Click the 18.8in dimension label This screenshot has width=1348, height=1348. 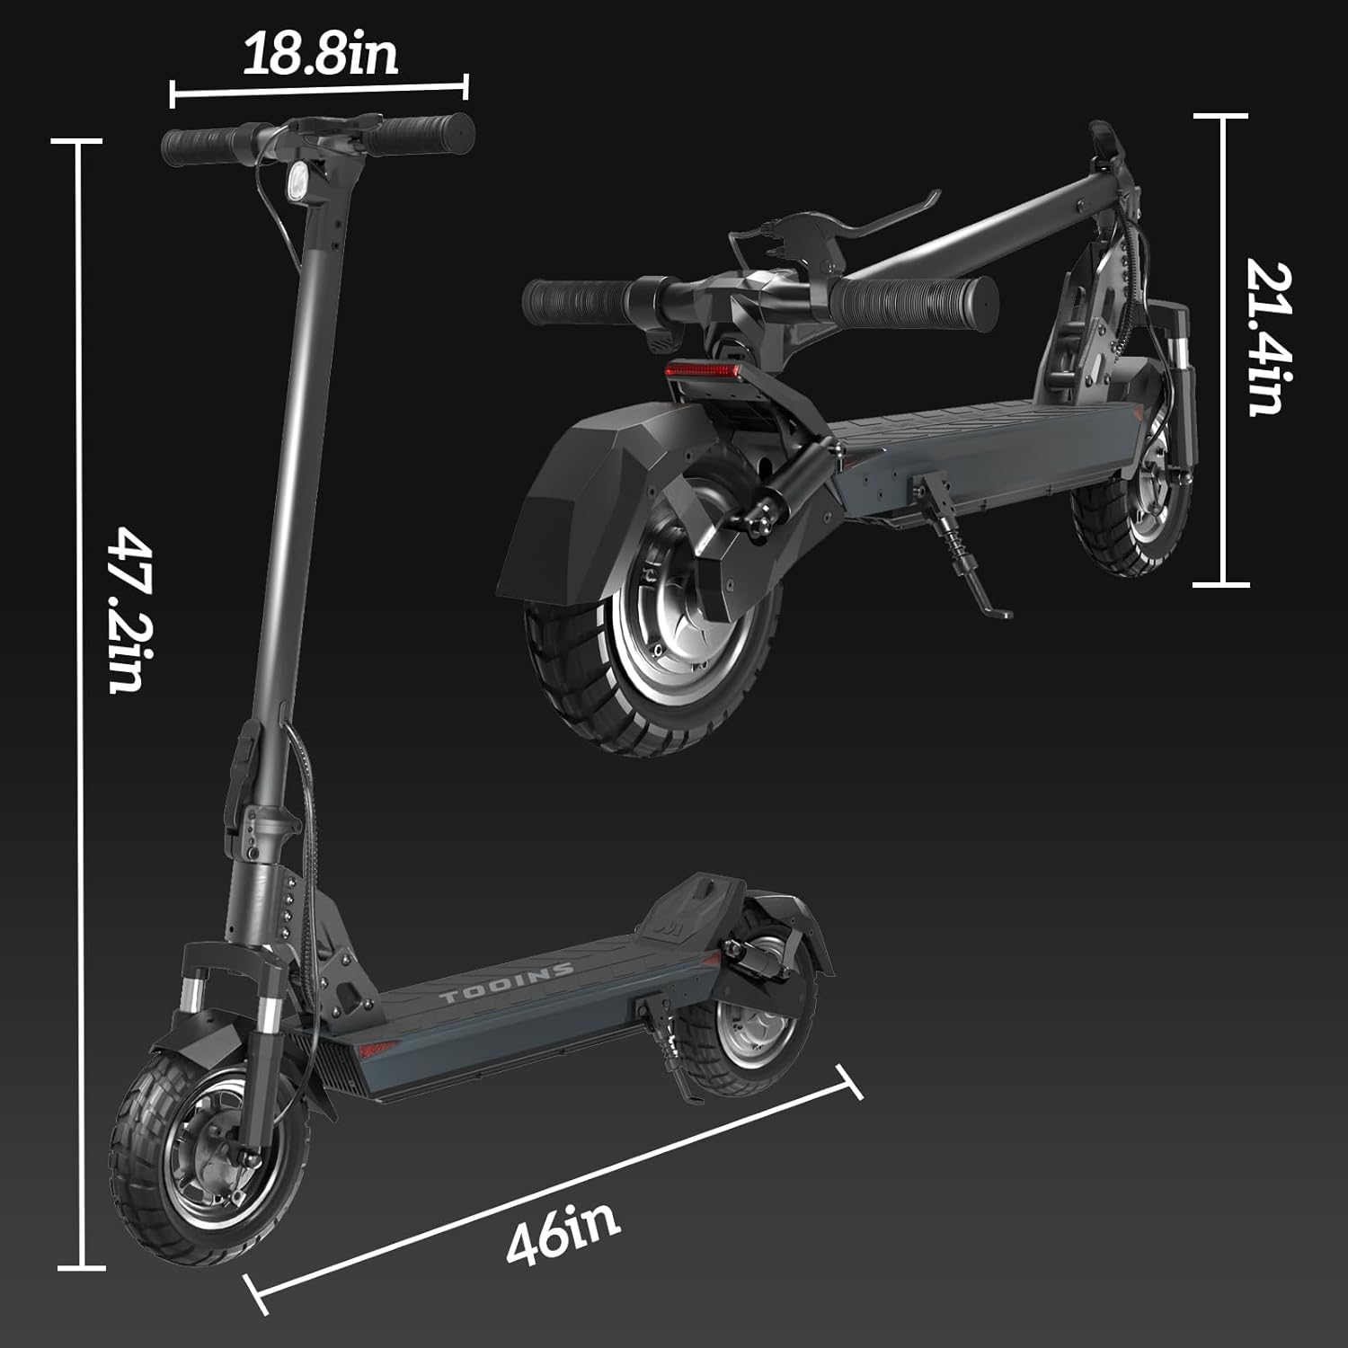point(319,55)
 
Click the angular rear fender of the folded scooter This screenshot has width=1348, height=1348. point(575,503)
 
